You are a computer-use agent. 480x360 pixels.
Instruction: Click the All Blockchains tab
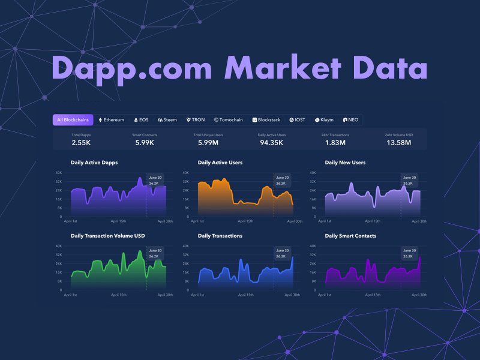(73, 120)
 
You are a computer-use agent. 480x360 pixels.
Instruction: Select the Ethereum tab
(111, 120)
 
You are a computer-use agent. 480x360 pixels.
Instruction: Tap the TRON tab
(196, 120)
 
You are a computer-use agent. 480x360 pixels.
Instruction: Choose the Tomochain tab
(228, 120)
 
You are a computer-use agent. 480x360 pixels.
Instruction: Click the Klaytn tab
(324, 120)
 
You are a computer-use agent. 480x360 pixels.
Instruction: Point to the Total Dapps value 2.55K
(81, 142)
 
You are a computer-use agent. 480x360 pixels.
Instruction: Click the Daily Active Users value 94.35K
(271, 142)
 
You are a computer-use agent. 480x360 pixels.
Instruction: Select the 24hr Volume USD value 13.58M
(398, 142)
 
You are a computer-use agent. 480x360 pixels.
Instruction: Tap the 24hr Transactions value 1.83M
(335, 142)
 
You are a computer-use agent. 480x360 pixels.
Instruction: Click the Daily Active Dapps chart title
(94, 163)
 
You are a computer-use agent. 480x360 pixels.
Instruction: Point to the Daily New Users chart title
(345, 163)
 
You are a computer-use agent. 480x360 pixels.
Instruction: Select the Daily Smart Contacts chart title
(350, 236)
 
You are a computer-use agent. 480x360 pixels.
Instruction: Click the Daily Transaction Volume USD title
(108, 236)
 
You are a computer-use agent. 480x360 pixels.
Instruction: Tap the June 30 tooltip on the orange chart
(282, 181)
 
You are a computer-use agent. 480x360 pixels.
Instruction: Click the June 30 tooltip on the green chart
(154, 253)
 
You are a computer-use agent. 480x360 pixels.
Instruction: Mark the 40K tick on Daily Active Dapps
(59, 173)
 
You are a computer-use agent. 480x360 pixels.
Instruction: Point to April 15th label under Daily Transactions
(246, 295)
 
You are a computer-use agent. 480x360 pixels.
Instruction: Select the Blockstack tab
(266, 120)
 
